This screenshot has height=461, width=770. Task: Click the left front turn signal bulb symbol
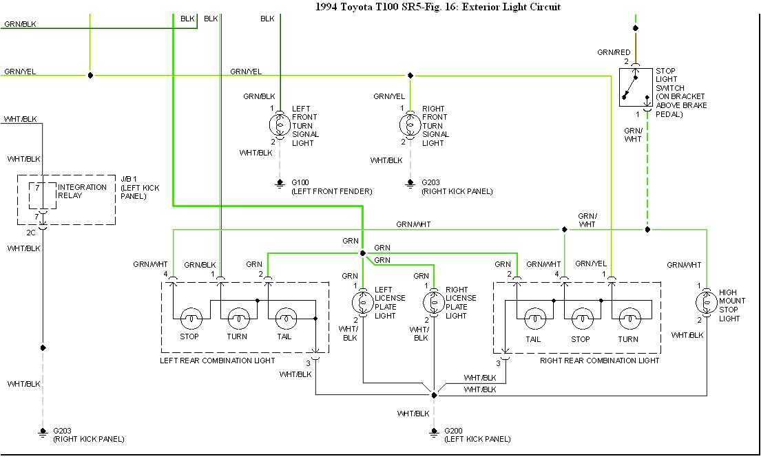click(x=280, y=125)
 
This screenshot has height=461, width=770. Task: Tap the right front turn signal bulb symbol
click(x=410, y=125)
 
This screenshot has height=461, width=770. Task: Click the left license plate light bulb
click(x=362, y=302)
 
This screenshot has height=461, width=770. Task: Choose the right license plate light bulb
click(x=433, y=302)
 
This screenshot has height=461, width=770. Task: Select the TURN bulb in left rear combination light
click(x=237, y=319)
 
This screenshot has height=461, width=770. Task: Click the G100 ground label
click(x=300, y=182)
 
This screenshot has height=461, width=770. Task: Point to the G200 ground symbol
click(x=434, y=432)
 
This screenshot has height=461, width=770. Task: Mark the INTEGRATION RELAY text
click(x=82, y=191)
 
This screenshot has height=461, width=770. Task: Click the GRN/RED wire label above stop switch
click(x=614, y=52)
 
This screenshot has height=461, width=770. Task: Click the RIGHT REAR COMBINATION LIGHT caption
click(x=599, y=361)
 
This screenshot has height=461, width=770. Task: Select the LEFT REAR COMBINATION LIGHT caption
click(x=218, y=361)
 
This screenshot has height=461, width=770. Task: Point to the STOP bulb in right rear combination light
click(x=581, y=319)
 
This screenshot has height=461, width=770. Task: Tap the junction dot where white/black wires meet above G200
click(x=434, y=395)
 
